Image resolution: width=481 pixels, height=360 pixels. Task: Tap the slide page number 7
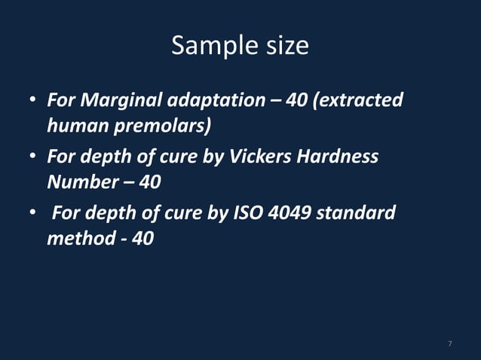449,344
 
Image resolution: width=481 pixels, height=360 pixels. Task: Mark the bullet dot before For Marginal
34,100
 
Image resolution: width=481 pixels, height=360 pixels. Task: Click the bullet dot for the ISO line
34,213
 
